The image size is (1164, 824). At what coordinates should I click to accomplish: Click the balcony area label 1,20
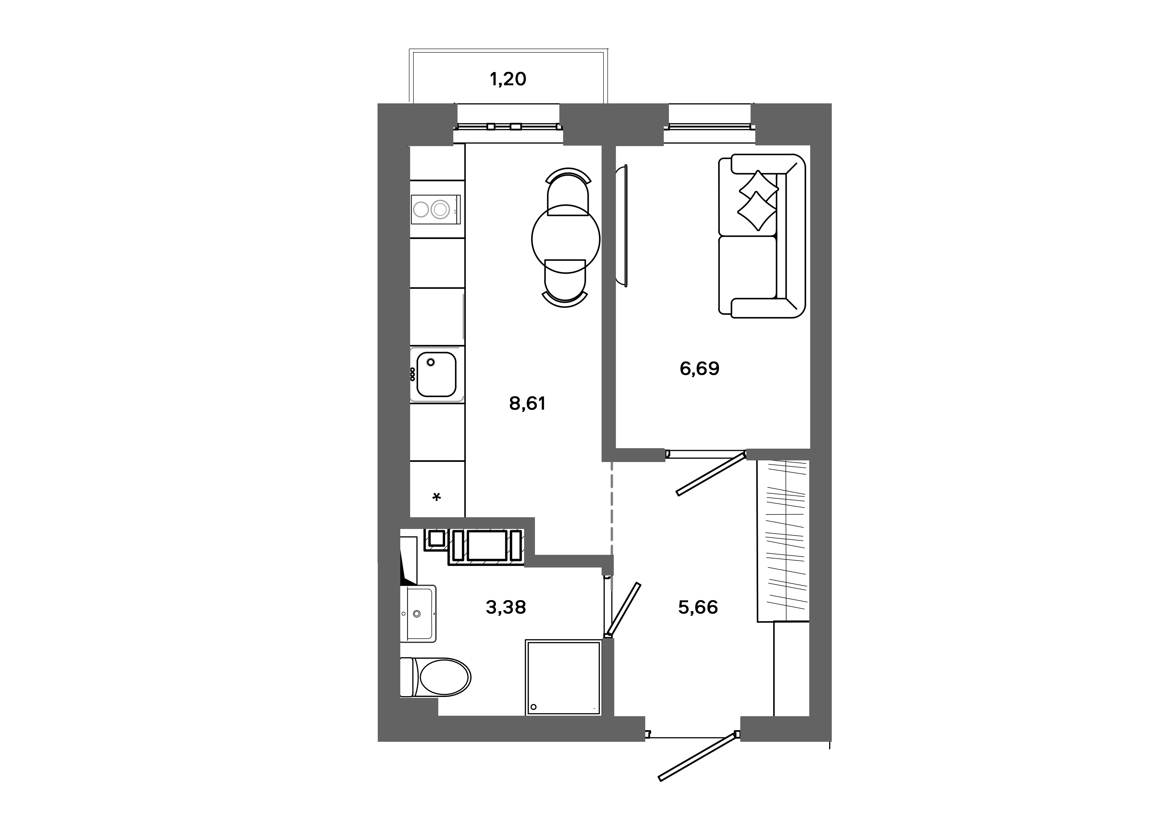[508, 79]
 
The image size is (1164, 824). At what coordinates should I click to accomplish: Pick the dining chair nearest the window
[568, 193]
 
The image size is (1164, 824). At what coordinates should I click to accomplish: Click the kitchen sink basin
[436, 374]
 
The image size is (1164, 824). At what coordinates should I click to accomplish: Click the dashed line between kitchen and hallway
[612, 507]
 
